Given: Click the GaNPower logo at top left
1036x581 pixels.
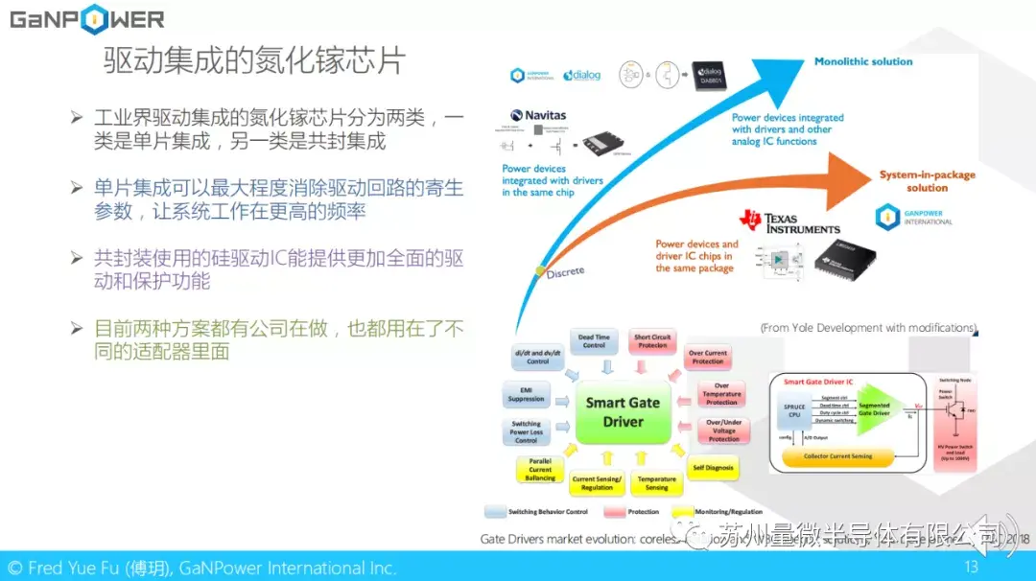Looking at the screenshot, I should pyautogui.click(x=86, y=18).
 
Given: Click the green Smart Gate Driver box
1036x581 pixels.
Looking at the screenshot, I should pyautogui.click(x=623, y=412).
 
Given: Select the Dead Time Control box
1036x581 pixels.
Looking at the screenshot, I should pyautogui.click(x=594, y=341).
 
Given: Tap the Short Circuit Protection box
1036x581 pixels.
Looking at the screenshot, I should pyautogui.click(x=652, y=341).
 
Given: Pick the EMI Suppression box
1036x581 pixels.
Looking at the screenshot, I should pyautogui.click(x=526, y=394).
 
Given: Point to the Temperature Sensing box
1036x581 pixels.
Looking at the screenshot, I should pyautogui.click(x=656, y=482).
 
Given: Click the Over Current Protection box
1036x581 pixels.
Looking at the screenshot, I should pyautogui.click(x=708, y=357).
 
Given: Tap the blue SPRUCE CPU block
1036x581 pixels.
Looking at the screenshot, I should pyautogui.click(x=794, y=412).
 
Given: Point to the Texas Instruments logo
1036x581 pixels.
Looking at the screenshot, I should pyautogui.click(x=789, y=222).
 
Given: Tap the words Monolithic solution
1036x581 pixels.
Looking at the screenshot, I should pyautogui.click(x=863, y=61).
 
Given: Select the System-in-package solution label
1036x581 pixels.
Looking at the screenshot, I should pyautogui.click(x=927, y=181).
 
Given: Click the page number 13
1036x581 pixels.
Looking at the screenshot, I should pyautogui.click(x=971, y=567).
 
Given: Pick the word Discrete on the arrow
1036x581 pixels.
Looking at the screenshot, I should pyautogui.click(x=565, y=272).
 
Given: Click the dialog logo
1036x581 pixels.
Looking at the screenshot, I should pyautogui.click(x=581, y=75).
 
